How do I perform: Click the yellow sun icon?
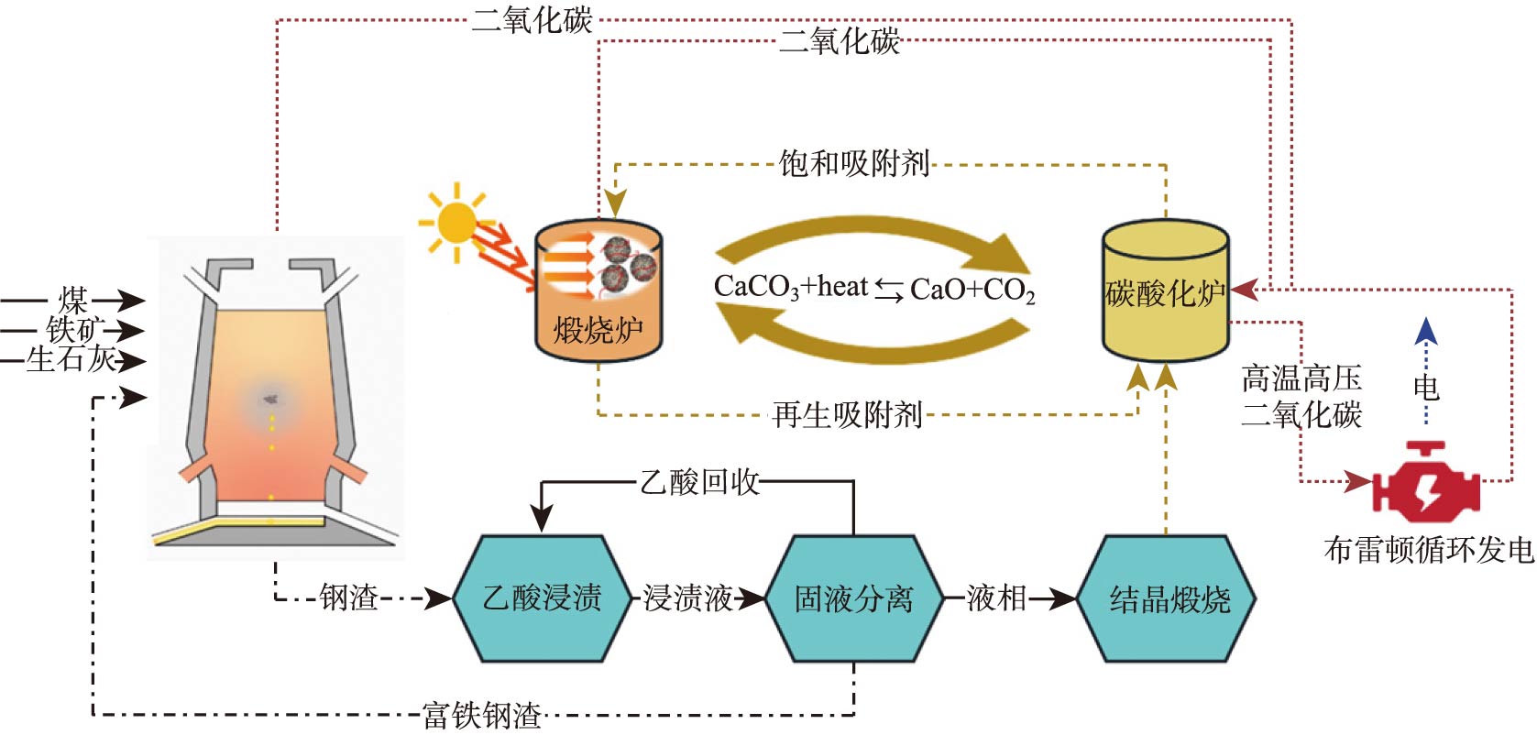(x=456, y=223)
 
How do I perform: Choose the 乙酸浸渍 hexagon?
(x=543, y=598)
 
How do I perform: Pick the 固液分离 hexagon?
(x=853, y=598)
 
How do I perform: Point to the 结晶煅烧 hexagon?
(x=1169, y=598)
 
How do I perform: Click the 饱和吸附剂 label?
(x=853, y=164)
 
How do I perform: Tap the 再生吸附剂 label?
(x=847, y=415)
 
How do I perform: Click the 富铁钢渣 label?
(x=482, y=715)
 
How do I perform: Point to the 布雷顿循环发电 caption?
(x=1428, y=550)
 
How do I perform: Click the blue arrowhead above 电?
(x=1426, y=330)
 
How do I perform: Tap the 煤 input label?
(x=73, y=300)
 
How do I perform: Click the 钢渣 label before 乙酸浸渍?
(x=349, y=598)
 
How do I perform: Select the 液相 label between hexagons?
(x=996, y=598)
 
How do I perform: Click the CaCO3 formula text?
(x=757, y=288)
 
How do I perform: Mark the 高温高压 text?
(x=1301, y=378)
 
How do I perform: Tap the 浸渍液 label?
(x=687, y=598)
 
